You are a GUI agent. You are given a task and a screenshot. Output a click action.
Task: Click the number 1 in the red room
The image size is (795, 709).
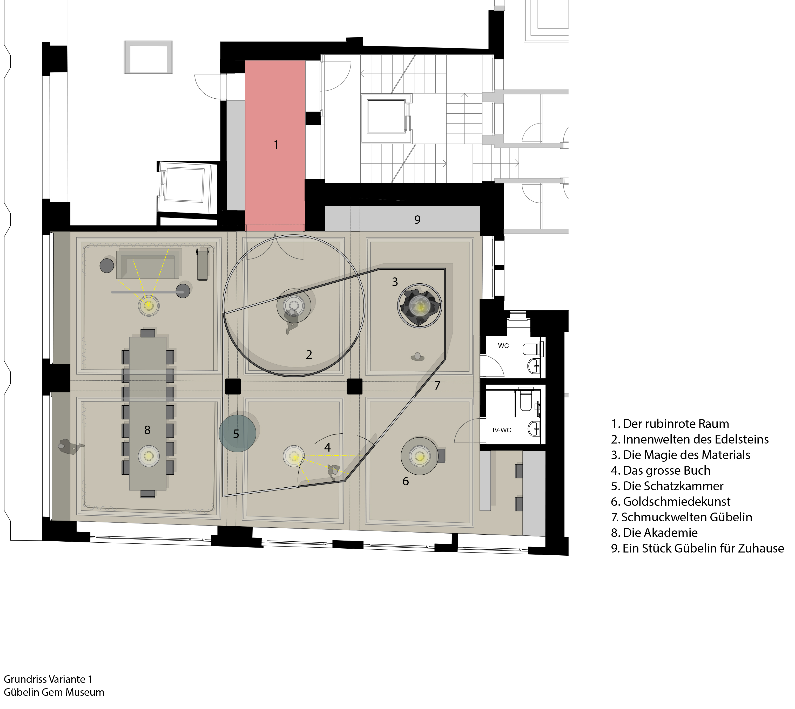[x=276, y=145]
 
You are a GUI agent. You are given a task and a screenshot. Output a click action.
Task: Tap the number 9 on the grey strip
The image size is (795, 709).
[x=417, y=220]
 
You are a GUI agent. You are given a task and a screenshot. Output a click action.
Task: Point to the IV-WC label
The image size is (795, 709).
[x=502, y=430]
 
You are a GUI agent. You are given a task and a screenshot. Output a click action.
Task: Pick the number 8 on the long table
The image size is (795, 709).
[x=147, y=430]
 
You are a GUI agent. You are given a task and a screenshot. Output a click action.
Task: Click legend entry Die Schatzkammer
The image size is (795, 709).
[x=667, y=486]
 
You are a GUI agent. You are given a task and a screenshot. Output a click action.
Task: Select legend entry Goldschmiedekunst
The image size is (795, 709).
[x=671, y=501]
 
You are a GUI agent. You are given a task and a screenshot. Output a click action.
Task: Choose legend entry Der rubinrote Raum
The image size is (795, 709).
[x=670, y=424]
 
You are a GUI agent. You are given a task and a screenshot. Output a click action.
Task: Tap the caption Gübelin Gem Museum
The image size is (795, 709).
[x=54, y=692]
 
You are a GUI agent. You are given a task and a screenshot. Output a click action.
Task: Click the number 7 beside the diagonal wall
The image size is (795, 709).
[x=437, y=385]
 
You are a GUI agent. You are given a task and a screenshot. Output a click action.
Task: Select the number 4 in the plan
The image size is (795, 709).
[x=327, y=447]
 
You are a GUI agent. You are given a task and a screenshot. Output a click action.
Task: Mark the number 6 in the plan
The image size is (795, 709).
[x=406, y=481]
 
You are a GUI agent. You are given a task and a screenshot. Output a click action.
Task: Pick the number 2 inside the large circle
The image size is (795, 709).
[x=309, y=354]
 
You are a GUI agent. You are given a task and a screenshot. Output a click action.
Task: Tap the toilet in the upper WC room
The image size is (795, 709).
[x=532, y=348]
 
